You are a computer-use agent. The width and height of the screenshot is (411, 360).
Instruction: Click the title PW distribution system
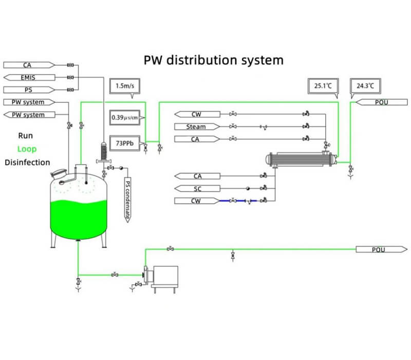pyautogui.click(x=213, y=60)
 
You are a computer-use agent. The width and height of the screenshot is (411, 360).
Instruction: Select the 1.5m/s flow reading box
pyautogui.click(x=124, y=84)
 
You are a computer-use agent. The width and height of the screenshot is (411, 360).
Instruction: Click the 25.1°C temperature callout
pyautogui.click(x=323, y=85)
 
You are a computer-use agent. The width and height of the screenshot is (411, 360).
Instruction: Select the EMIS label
pyautogui.click(x=29, y=78)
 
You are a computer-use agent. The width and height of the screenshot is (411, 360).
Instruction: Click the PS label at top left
pyautogui.click(x=28, y=90)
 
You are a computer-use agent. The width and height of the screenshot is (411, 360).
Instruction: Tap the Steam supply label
pyautogui.click(x=196, y=127)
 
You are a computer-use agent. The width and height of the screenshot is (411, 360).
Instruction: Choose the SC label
pyautogui.click(x=198, y=188)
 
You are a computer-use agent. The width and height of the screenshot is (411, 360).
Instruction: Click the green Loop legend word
pyautogui.click(x=27, y=149)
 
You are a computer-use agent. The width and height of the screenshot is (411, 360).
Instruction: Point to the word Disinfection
pyautogui.click(x=27, y=163)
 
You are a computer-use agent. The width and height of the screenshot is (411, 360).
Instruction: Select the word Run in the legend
pyautogui.click(x=26, y=136)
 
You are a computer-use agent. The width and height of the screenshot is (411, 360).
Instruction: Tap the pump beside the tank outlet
pyautogui.click(x=162, y=278)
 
